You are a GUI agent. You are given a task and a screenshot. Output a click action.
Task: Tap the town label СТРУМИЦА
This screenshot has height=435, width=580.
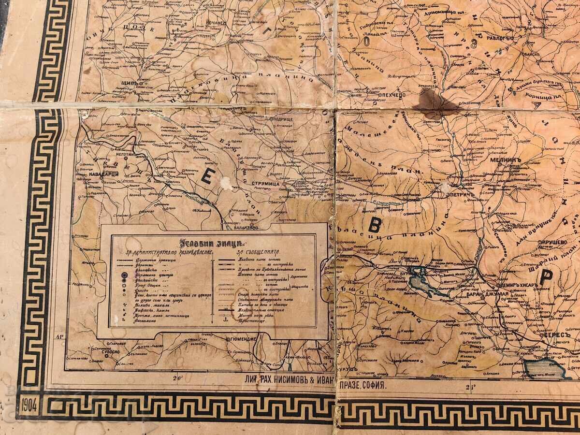click(265, 184)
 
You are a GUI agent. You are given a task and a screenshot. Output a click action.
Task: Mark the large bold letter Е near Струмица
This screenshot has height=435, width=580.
click(206, 178)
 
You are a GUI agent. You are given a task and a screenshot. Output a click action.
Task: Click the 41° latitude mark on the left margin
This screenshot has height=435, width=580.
click(60, 337)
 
